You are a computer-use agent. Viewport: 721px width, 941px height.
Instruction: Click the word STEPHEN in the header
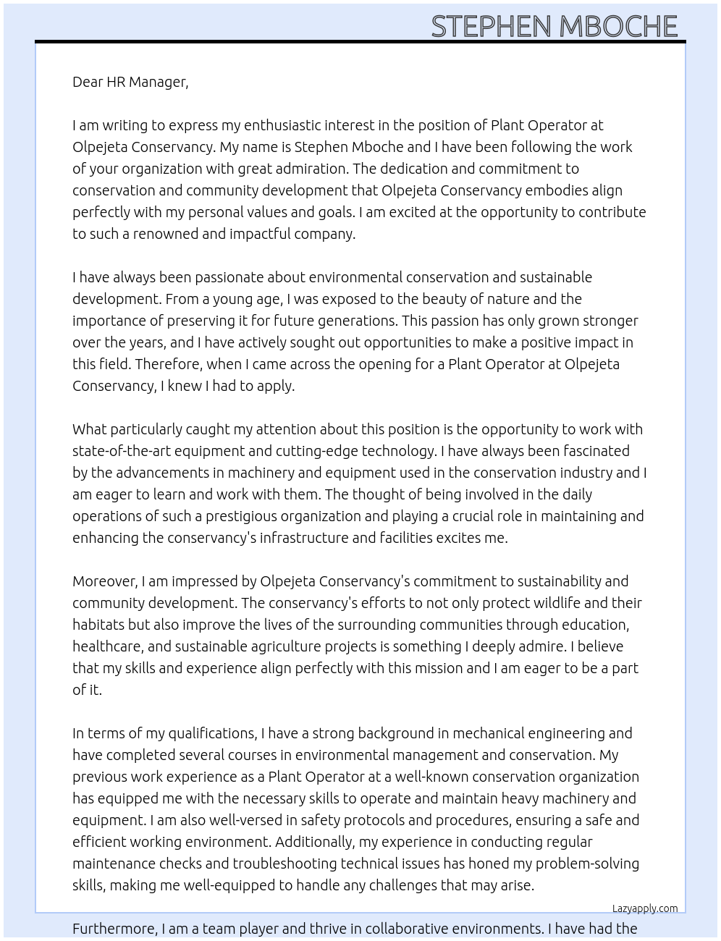click(x=491, y=27)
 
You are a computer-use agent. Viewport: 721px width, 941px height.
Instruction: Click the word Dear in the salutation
click(x=88, y=82)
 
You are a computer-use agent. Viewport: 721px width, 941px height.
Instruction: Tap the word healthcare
click(x=106, y=646)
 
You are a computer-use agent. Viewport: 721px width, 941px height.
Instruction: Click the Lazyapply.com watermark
click(x=644, y=908)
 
